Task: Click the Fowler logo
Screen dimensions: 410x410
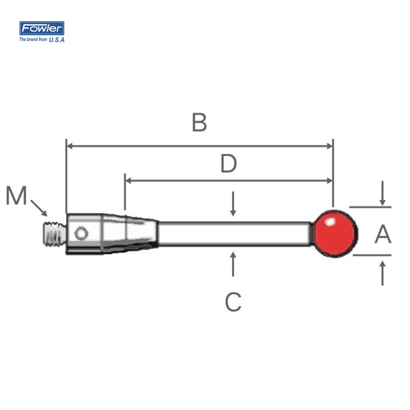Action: [x=42, y=28]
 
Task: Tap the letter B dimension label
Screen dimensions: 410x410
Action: [x=199, y=122]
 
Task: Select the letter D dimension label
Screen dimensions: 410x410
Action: [x=228, y=163]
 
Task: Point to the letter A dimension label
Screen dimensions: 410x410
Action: [x=383, y=234]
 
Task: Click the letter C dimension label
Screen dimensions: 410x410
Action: [x=233, y=302]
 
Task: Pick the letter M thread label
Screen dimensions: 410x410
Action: [x=16, y=195]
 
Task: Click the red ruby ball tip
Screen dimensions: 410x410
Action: [x=335, y=234]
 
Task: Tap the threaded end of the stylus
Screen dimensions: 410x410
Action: [x=54, y=234]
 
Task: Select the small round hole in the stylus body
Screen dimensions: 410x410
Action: [x=81, y=233]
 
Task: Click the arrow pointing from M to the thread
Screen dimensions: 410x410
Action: [x=39, y=208]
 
